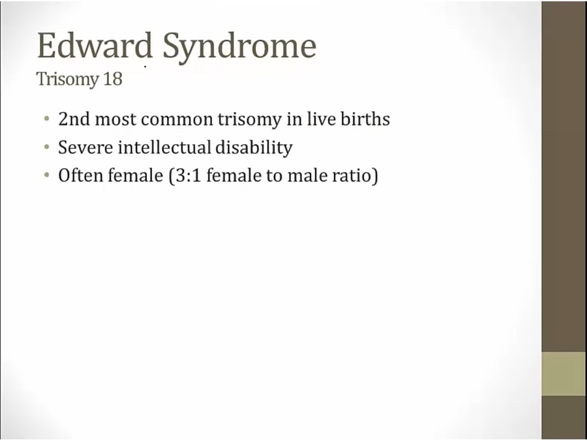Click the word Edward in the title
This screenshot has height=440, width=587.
(x=95, y=45)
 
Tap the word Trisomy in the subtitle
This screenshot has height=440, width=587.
(x=67, y=80)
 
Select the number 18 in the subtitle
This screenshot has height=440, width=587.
(x=113, y=79)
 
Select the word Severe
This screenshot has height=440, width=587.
(x=85, y=147)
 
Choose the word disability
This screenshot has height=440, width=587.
(x=254, y=148)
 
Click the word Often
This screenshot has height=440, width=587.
(x=80, y=175)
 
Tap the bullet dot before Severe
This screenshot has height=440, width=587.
(x=46, y=147)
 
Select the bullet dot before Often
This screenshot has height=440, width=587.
(x=46, y=175)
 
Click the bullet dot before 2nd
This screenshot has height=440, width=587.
(x=46, y=119)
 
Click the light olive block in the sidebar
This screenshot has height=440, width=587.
(x=564, y=374)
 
